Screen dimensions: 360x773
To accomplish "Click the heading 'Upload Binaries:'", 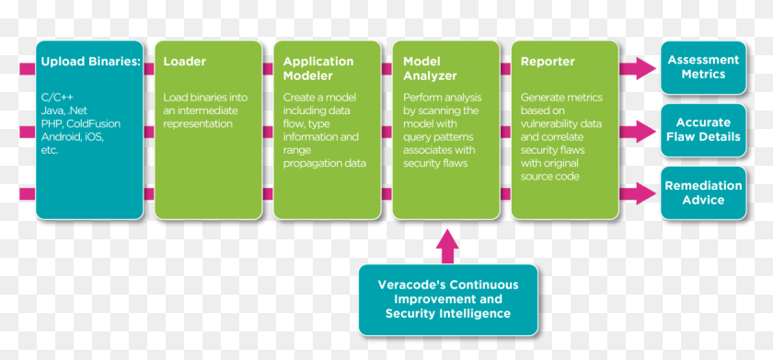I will [x=90, y=63].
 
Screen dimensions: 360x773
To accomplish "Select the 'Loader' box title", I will [x=185, y=63].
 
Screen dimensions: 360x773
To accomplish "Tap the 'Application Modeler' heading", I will [x=318, y=69].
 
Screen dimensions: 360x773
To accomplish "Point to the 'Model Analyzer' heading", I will [x=430, y=69].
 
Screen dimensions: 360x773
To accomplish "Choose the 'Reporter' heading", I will [x=548, y=63].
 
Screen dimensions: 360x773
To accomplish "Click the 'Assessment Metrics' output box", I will [x=703, y=67].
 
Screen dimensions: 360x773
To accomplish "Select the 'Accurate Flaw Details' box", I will [x=703, y=130].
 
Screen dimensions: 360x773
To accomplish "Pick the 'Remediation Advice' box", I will [x=703, y=192].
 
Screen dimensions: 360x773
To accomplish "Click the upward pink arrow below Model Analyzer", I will [x=446, y=246].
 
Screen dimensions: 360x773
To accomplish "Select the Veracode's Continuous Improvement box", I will [x=447, y=299].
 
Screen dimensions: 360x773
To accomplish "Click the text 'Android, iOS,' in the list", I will [x=72, y=136].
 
